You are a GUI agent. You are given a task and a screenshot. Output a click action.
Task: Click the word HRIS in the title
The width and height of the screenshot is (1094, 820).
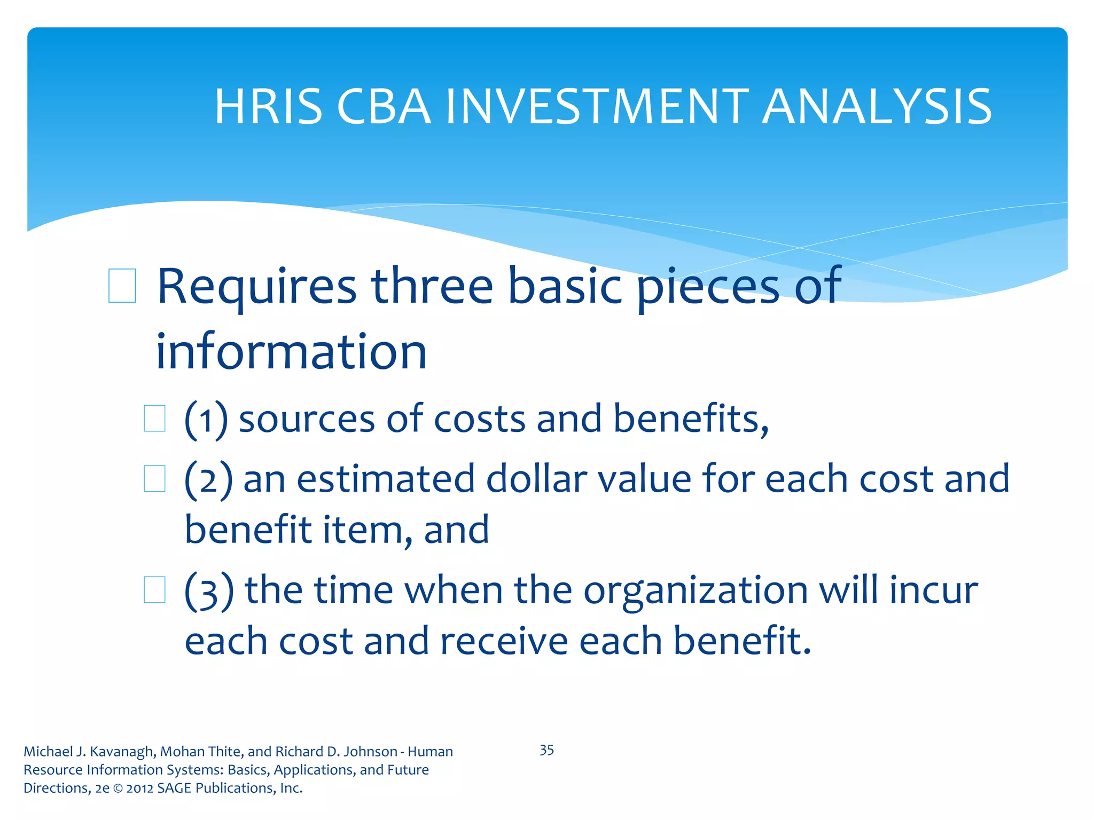coord(268,107)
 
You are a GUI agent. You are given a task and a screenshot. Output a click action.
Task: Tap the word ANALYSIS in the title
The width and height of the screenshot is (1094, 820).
coord(877,107)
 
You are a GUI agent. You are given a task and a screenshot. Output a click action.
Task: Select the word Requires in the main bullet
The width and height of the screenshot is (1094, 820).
coord(256,287)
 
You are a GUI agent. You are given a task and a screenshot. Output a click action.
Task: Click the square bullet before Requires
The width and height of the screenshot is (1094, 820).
coord(122,286)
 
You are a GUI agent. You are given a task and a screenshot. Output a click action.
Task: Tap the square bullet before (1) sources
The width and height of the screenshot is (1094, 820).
coord(154,419)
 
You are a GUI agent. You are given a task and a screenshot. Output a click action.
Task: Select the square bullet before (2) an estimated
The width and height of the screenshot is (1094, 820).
coord(154,478)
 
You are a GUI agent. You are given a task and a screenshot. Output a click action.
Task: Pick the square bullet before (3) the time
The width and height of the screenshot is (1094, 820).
coord(154,590)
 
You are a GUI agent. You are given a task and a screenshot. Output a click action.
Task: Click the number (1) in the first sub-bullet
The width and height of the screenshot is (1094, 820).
coord(206,420)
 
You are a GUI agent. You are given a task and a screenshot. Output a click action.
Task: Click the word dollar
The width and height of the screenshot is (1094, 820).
coord(536,478)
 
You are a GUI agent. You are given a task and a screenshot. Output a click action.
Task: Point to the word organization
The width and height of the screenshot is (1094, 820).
coord(695,591)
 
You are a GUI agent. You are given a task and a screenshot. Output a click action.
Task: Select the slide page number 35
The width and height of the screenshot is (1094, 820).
coord(546,750)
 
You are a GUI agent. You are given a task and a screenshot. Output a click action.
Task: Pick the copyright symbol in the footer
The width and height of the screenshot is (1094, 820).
coord(118,789)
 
